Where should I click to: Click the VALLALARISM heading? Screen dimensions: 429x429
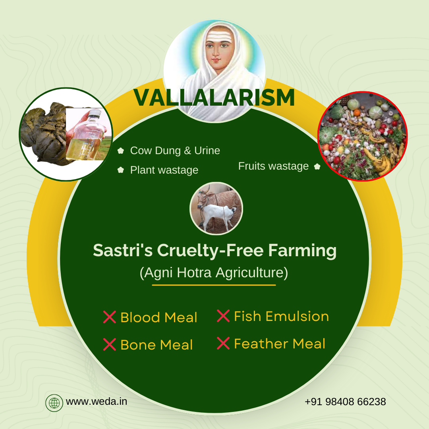pyautogui.click(x=214, y=98)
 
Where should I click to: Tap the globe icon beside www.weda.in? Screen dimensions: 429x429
pyautogui.click(x=54, y=402)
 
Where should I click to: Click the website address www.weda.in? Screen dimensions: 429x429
pyautogui.click(x=97, y=402)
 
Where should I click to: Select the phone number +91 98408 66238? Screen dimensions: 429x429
pyautogui.click(x=345, y=402)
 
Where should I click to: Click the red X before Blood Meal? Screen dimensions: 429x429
pyautogui.click(x=109, y=317)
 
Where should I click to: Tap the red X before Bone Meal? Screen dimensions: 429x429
pyautogui.click(x=109, y=344)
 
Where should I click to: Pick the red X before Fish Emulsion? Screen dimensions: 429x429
pyautogui.click(x=223, y=316)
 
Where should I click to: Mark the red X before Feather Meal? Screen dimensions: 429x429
pyautogui.click(x=223, y=343)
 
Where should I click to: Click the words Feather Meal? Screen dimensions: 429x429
pyautogui.click(x=280, y=344)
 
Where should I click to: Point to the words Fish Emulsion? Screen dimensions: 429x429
pyautogui.click(x=281, y=316)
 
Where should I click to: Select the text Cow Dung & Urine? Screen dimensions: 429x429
pyautogui.click(x=175, y=151)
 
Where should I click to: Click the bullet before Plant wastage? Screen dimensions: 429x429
pyautogui.click(x=121, y=170)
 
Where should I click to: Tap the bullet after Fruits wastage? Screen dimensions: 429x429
pyautogui.click(x=317, y=167)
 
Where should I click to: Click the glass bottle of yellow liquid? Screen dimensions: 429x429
pyautogui.click(x=85, y=137)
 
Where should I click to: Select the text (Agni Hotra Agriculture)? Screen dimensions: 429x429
pyautogui.click(x=214, y=273)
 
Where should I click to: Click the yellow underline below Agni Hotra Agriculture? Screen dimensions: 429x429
pyautogui.click(x=214, y=285)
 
